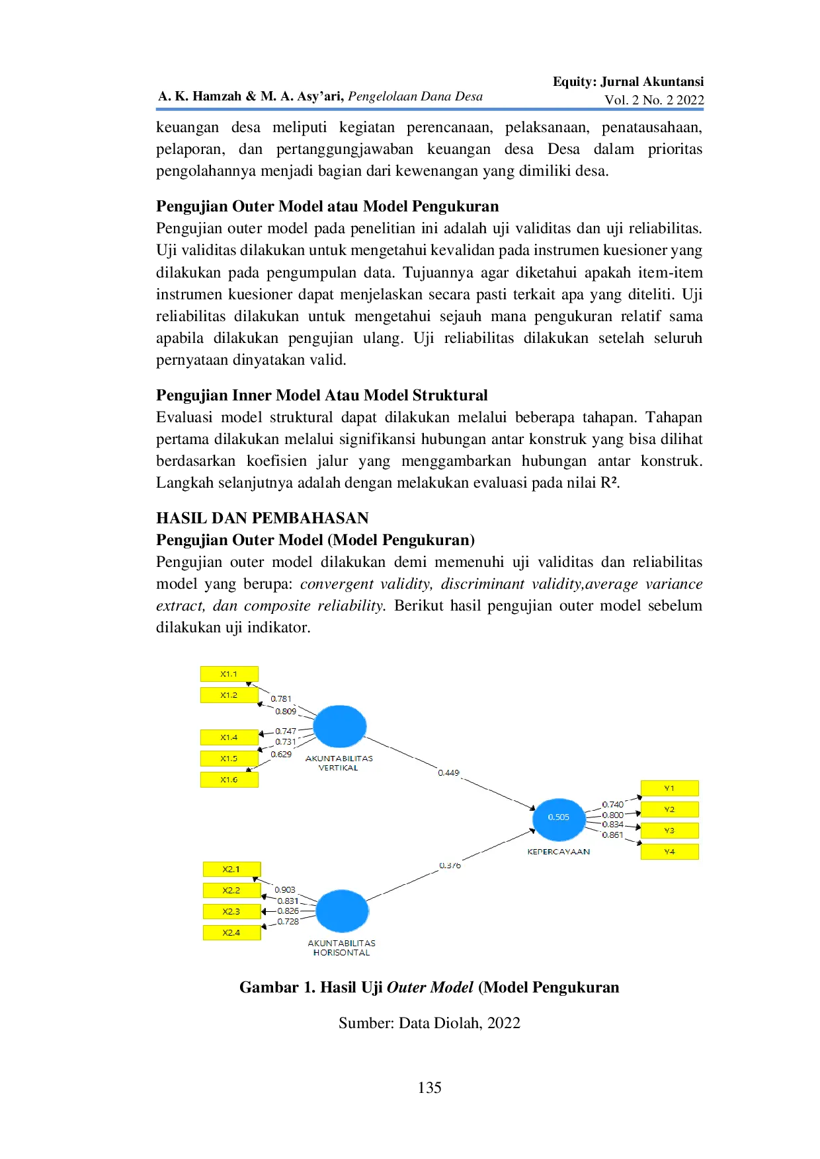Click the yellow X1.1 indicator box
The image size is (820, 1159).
coord(229,674)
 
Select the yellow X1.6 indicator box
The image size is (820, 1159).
coord(229,780)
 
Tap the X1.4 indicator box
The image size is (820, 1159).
coord(229,737)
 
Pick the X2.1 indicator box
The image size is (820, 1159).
coord(231,870)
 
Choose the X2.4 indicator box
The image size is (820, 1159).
coord(231,933)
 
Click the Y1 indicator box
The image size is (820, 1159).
coord(669,788)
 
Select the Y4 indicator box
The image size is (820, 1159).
coord(669,852)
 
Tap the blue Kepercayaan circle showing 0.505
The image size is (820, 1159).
coord(559,817)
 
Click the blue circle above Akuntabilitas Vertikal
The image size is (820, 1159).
coord(339,726)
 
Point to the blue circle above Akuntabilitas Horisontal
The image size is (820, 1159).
coord(342,911)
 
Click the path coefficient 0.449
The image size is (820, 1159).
coord(448,772)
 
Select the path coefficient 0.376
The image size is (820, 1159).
coord(450,866)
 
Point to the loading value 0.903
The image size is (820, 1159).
coord(285,890)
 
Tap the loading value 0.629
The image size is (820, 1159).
coord(281,754)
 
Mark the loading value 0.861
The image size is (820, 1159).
coord(612,835)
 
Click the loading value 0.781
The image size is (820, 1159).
coord(281,698)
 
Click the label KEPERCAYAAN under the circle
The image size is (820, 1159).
coord(559,852)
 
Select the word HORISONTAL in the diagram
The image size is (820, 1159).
coord(342,953)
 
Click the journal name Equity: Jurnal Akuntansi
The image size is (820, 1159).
coord(628,82)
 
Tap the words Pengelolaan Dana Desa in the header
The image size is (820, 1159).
coord(415,96)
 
